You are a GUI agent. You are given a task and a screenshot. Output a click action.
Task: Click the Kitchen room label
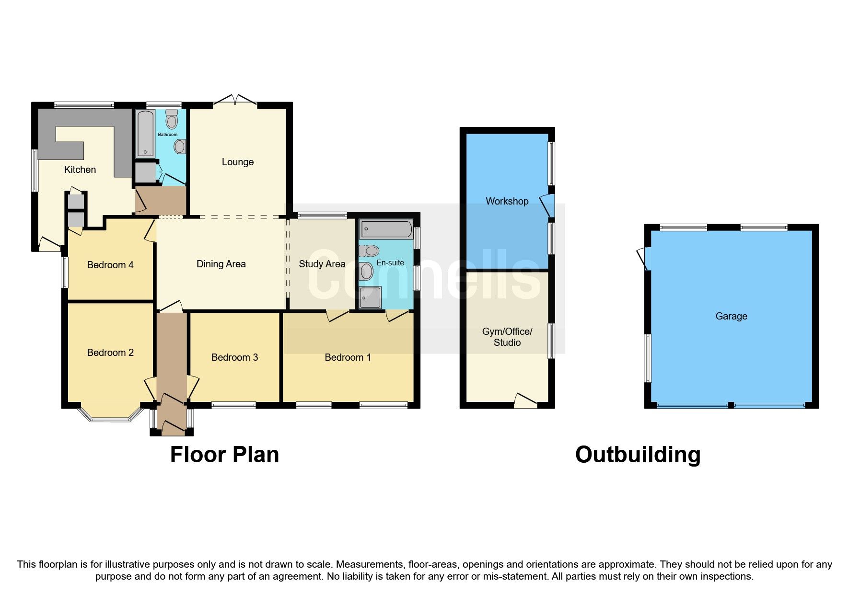(80, 170)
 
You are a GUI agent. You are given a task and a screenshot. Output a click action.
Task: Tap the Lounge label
(237, 162)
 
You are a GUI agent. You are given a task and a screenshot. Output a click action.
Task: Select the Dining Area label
(221, 264)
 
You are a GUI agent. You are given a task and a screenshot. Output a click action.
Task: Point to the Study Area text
(322, 264)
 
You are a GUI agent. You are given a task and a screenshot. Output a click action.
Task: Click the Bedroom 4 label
(110, 265)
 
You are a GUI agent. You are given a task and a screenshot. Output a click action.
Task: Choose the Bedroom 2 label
(110, 353)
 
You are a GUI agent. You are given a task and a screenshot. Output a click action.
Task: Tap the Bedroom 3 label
(234, 357)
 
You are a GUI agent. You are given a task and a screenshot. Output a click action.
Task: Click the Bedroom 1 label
(348, 357)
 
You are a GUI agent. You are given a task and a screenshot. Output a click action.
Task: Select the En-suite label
(390, 263)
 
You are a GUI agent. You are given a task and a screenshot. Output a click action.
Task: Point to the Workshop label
(507, 201)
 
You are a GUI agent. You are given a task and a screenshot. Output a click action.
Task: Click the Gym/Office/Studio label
(507, 337)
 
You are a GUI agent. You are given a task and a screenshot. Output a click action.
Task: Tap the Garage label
(731, 316)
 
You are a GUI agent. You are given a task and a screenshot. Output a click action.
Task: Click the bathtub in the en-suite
(386, 229)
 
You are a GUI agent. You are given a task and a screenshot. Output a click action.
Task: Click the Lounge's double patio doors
(234, 100)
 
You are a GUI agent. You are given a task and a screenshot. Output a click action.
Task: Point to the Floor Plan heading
(224, 455)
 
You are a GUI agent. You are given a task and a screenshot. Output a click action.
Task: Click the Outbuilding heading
(638, 455)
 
